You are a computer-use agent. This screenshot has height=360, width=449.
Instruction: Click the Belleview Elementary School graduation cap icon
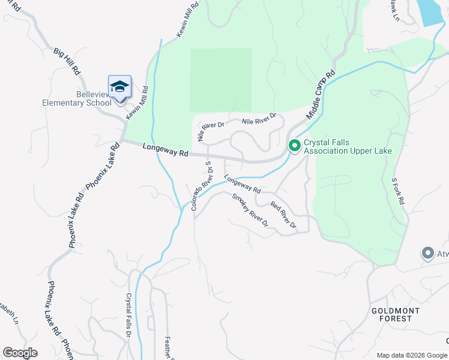[x=119, y=86]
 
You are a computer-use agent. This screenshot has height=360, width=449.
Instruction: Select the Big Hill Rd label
[x=67, y=62]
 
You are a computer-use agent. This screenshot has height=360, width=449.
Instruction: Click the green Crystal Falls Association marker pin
[x=295, y=146]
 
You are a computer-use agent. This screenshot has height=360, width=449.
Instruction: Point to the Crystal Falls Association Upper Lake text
[x=348, y=147]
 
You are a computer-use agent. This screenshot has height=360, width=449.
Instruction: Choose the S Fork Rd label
[x=399, y=191]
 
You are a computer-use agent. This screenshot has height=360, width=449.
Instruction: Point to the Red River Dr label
[x=283, y=215]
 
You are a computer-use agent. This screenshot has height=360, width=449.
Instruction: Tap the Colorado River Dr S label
[x=202, y=185]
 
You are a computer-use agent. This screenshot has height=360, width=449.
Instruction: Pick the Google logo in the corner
[x=20, y=353]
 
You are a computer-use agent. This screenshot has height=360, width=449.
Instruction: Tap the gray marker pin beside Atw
[x=427, y=253]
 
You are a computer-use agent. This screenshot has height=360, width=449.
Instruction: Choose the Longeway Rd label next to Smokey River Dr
[x=243, y=184]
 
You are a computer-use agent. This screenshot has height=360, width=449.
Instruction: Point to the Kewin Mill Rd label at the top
[x=187, y=22]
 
